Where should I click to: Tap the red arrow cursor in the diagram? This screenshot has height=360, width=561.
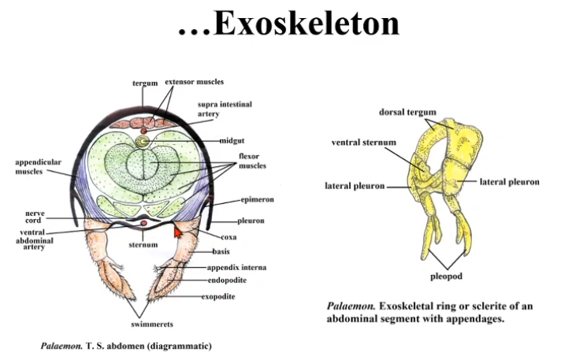177,231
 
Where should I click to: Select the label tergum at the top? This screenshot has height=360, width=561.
145,83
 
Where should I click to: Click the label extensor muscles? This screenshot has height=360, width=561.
194,81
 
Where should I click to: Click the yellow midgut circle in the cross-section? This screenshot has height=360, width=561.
143,142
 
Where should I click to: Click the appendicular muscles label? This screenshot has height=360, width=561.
38,166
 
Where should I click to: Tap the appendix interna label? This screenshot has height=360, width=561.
232,267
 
